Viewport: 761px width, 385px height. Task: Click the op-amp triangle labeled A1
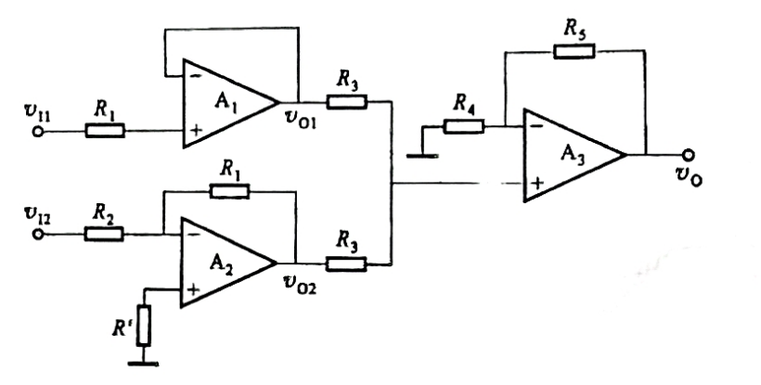click(x=228, y=103)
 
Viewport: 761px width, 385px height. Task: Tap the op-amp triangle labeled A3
click(x=572, y=155)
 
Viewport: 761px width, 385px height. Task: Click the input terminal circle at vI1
click(x=38, y=132)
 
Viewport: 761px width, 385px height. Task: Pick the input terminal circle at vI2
click(x=38, y=234)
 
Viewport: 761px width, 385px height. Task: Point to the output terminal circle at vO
click(x=688, y=155)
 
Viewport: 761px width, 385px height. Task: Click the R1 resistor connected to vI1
click(x=105, y=131)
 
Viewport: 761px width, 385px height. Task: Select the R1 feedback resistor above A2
click(x=229, y=191)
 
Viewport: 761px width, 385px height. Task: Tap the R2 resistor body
click(x=104, y=234)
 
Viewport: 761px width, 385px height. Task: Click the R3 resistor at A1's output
click(x=346, y=102)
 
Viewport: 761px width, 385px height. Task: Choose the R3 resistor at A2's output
click(x=346, y=264)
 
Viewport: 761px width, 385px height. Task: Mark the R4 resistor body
click(x=463, y=127)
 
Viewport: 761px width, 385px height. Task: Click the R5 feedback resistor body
click(x=574, y=51)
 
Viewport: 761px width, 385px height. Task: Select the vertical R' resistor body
click(x=143, y=326)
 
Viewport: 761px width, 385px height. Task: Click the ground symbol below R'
click(x=143, y=363)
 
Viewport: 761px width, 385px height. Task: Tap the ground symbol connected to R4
click(x=422, y=156)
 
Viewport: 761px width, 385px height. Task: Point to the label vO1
click(x=300, y=120)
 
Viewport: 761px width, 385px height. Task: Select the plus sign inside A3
click(x=537, y=184)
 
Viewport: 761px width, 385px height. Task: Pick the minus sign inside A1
click(x=194, y=76)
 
